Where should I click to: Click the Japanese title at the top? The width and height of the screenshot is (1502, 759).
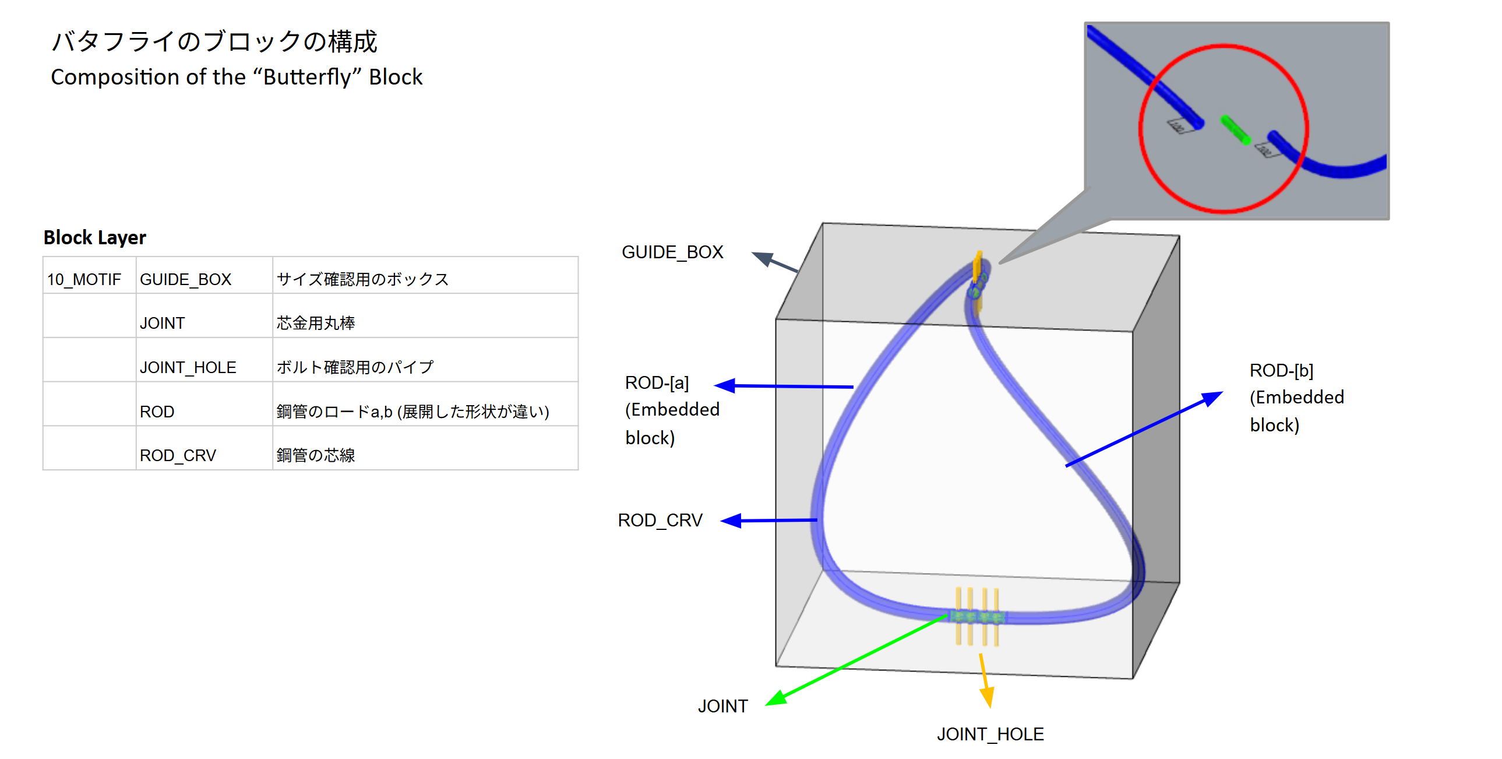click(x=214, y=41)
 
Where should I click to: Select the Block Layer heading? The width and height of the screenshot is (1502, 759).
click(x=94, y=237)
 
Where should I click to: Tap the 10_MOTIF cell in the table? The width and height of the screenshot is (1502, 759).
click(x=84, y=279)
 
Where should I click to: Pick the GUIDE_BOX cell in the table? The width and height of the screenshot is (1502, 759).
click(x=185, y=279)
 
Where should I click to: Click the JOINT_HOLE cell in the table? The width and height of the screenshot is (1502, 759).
click(x=188, y=367)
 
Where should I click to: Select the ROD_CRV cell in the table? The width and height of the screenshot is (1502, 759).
click(x=178, y=455)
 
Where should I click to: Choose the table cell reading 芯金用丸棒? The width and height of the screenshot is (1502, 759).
click(x=315, y=323)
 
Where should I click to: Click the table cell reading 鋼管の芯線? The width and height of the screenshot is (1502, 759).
click(x=315, y=455)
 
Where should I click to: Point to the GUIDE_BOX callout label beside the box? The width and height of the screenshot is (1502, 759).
click(x=672, y=252)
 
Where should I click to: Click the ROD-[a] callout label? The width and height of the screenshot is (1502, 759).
click(x=657, y=383)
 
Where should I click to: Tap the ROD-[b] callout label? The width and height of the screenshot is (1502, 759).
click(x=1281, y=370)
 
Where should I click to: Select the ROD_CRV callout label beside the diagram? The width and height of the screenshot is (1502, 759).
click(x=660, y=520)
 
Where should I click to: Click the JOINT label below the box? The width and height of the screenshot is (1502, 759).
click(x=722, y=706)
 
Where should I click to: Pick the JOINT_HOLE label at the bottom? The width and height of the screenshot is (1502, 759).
click(x=990, y=734)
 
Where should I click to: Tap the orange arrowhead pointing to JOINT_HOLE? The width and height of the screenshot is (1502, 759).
click(x=987, y=697)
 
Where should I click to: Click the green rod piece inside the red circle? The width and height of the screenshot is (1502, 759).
click(x=1235, y=130)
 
